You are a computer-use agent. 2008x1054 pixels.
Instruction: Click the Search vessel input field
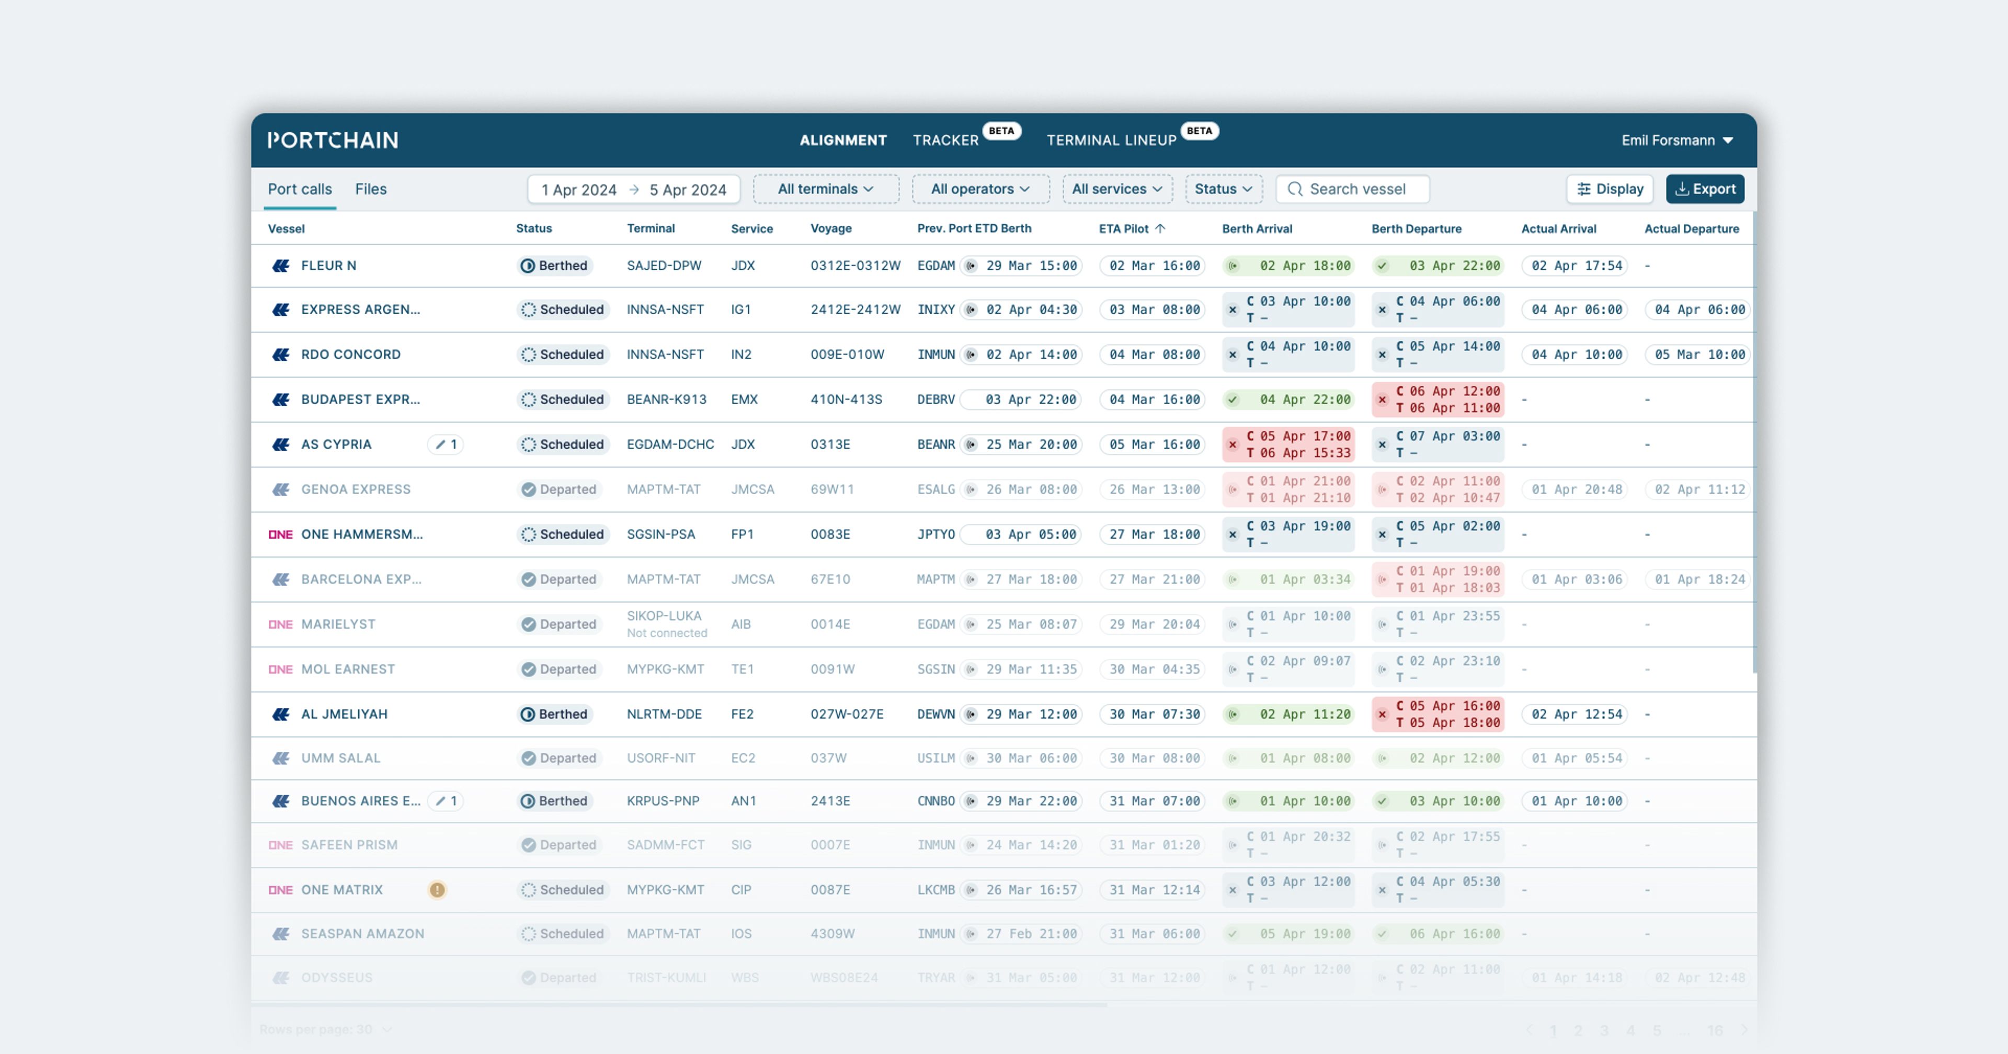[x=1357, y=189]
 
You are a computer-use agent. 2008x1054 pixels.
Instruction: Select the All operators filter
[x=980, y=189]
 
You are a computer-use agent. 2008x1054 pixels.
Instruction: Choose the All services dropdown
[x=1117, y=189]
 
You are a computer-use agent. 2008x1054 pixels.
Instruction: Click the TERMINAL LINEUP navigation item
[x=1111, y=140]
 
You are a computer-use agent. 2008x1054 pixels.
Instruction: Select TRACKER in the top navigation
[x=945, y=140]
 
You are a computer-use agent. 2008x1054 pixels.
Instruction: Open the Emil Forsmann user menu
[x=1676, y=140]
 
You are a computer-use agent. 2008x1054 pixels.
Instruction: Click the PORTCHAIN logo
[x=333, y=140]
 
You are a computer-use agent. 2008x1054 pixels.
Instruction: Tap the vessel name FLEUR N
[x=328, y=265]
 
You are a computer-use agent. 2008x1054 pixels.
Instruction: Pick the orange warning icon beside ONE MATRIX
[x=437, y=889]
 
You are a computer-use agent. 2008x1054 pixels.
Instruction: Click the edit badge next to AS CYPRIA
[x=445, y=444]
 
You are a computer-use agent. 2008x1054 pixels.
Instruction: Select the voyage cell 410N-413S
[x=846, y=399]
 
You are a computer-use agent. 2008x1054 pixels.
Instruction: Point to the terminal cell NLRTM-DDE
[x=664, y=714]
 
